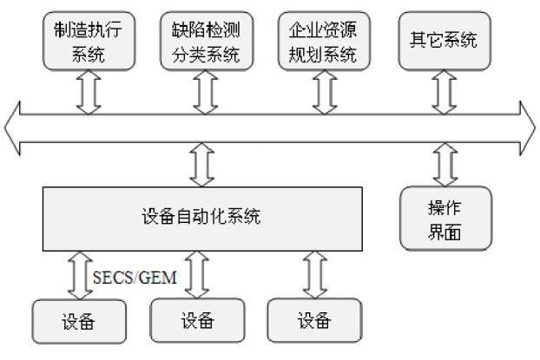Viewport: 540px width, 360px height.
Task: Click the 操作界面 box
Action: (x=445, y=218)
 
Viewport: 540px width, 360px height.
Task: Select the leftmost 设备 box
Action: (x=76, y=322)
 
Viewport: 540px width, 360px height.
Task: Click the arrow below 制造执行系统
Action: (x=84, y=93)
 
